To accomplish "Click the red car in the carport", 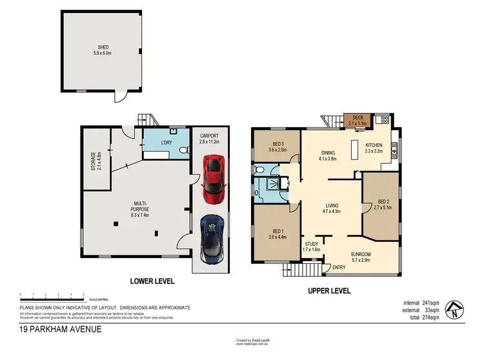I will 213,178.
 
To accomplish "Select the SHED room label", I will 103,47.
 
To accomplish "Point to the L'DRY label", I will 166,143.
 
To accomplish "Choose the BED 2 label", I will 383,201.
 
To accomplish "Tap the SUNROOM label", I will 361,254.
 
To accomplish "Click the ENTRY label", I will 338,267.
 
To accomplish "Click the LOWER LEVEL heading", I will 152,282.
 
